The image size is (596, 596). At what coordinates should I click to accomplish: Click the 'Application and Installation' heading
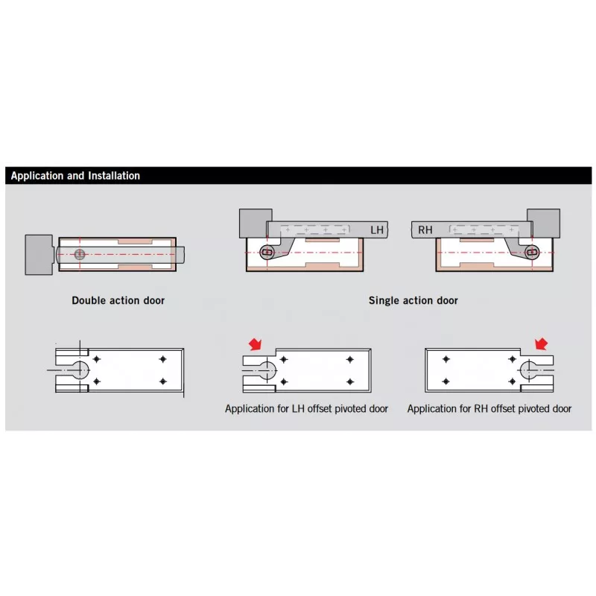tap(75, 176)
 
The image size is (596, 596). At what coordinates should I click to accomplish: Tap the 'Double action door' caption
tap(118, 300)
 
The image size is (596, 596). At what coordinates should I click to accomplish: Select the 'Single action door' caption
tap(413, 300)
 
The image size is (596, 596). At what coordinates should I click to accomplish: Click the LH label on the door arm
tap(376, 230)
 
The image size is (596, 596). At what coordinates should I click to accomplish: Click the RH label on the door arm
tap(425, 230)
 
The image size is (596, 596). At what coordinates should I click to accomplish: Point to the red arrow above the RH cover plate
tap(542, 343)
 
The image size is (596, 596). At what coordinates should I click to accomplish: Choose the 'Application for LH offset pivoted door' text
tap(306, 408)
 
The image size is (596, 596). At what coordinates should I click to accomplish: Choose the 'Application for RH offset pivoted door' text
tap(489, 408)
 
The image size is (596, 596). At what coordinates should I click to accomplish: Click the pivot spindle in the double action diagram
tap(80, 254)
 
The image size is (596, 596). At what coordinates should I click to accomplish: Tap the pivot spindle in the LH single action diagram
tap(267, 253)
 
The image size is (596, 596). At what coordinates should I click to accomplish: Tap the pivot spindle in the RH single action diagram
tap(531, 253)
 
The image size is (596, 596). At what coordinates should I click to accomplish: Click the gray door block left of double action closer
tap(38, 255)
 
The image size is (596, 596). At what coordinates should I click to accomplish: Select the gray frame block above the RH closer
tap(544, 221)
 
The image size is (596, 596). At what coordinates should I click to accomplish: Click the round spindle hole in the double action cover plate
tap(80, 369)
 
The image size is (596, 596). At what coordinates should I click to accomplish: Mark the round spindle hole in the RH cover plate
tap(529, 369)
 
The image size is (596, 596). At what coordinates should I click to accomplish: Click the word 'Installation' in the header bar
tap(111, 176)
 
